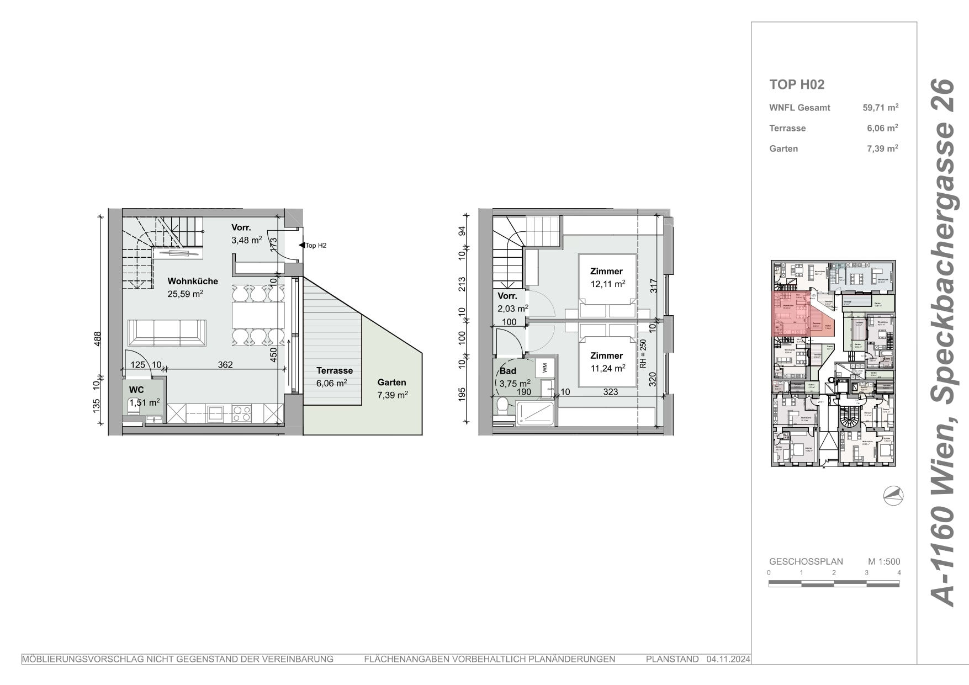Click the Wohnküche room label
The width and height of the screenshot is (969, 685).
pyautogui.click(x=193, y=281)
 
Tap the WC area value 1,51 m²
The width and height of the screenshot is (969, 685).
pyautogui.click(x=144, y=402)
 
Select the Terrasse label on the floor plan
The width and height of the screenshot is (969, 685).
pyautogui.click(x=335, y=371)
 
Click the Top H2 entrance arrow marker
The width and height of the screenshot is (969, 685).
pyautogui.click(x=301, y=245)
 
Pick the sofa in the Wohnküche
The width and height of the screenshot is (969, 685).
pyautogui.click(x=167, y=333)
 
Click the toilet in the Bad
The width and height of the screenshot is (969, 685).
pyautogui.click(x=502, y=407)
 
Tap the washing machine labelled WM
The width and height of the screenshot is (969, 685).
pyautogui.click(x=545, y=367)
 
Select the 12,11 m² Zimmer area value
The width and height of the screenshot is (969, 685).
pyautogui.click(x=607, y=284)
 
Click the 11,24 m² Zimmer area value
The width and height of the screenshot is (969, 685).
pyautogui.click(x=607, y=368)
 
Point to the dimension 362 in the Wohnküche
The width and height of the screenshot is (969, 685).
pyautogui.click(x=225, y=365)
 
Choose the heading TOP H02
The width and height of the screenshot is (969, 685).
pyautogui.click(x=797, y=84)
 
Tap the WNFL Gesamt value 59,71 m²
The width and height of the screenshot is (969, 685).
pyautogui.click(x=880, y=108)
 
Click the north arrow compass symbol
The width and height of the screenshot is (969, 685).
pyautogui.click(x=893, y=496)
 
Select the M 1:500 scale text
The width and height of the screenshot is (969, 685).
pyautogui.click(x=883, y=561)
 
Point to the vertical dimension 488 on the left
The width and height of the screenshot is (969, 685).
pyautogui.click(x=97, y=338)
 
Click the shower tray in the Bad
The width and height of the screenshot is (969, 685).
pyautogui.click(x=535, y=413)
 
